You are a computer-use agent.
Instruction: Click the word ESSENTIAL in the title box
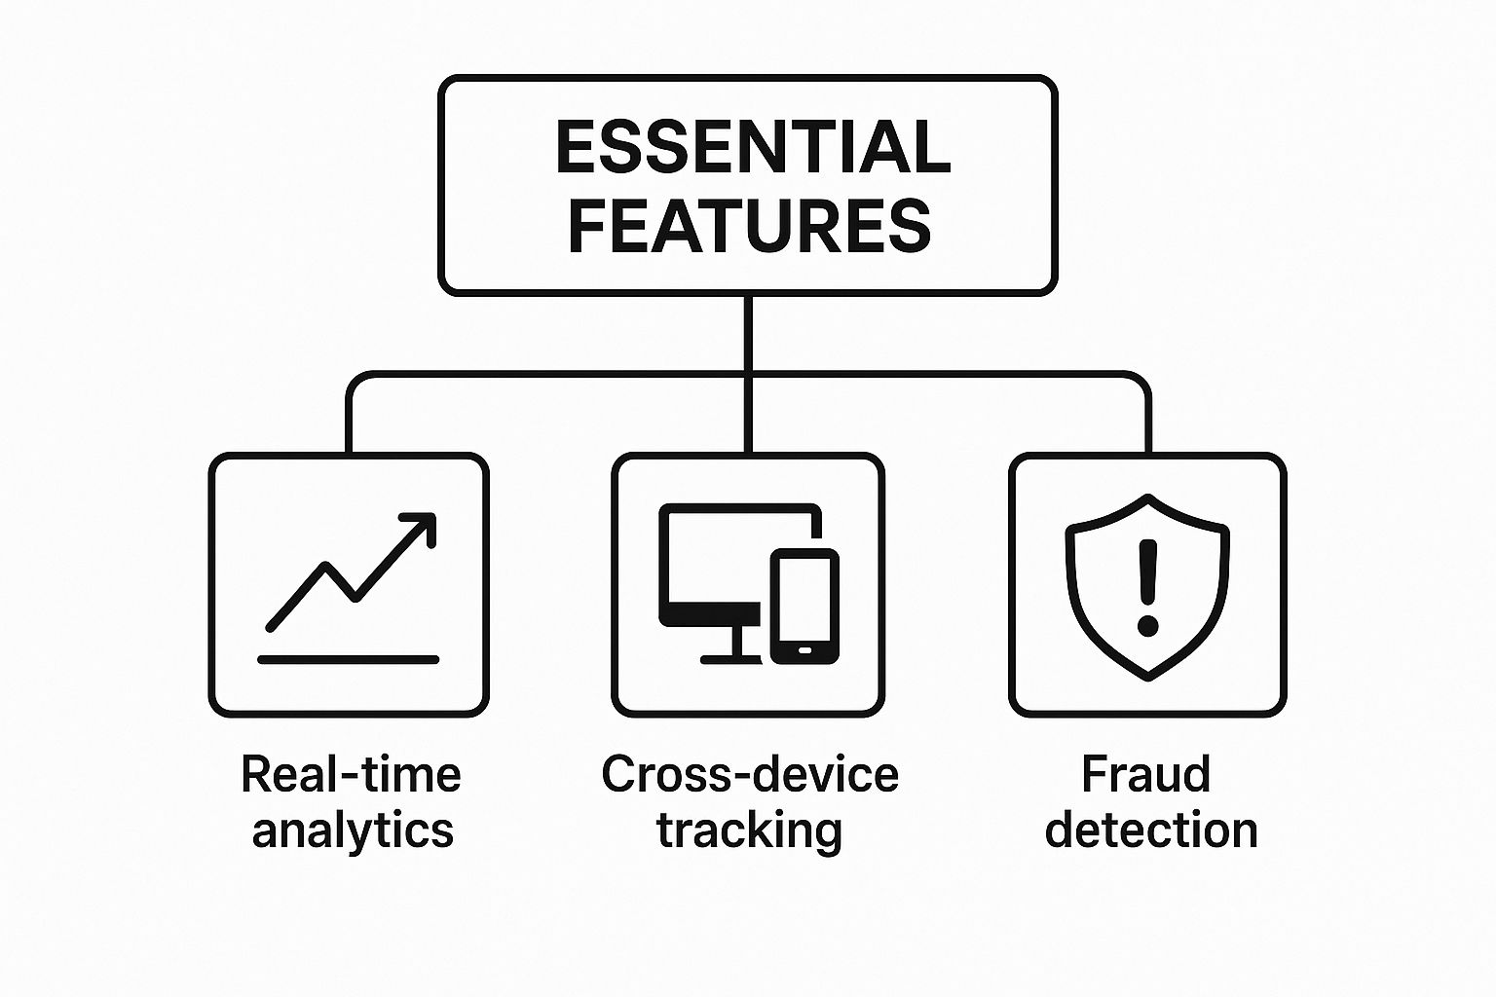pos(752,148)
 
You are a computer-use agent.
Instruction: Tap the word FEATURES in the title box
pos(749,226)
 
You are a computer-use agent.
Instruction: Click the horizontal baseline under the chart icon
pos(348,659)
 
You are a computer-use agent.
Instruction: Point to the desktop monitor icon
pos(721,565)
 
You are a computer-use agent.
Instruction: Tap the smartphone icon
pos(804,606)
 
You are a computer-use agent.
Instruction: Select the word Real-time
pos(351,775)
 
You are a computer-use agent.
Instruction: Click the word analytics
pos(353,831)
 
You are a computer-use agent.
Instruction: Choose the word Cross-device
pos(749,775)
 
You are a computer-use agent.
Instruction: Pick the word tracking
pos(749,831)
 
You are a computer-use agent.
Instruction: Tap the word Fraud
pos(1146,775)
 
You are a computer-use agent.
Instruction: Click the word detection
pos(1150,831)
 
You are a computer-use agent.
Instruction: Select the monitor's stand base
pos(732,659)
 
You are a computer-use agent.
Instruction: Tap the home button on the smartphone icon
pos(804,649)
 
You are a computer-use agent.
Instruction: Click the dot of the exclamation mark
pos(1148,623)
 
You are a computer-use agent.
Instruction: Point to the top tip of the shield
pos(1148,499)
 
